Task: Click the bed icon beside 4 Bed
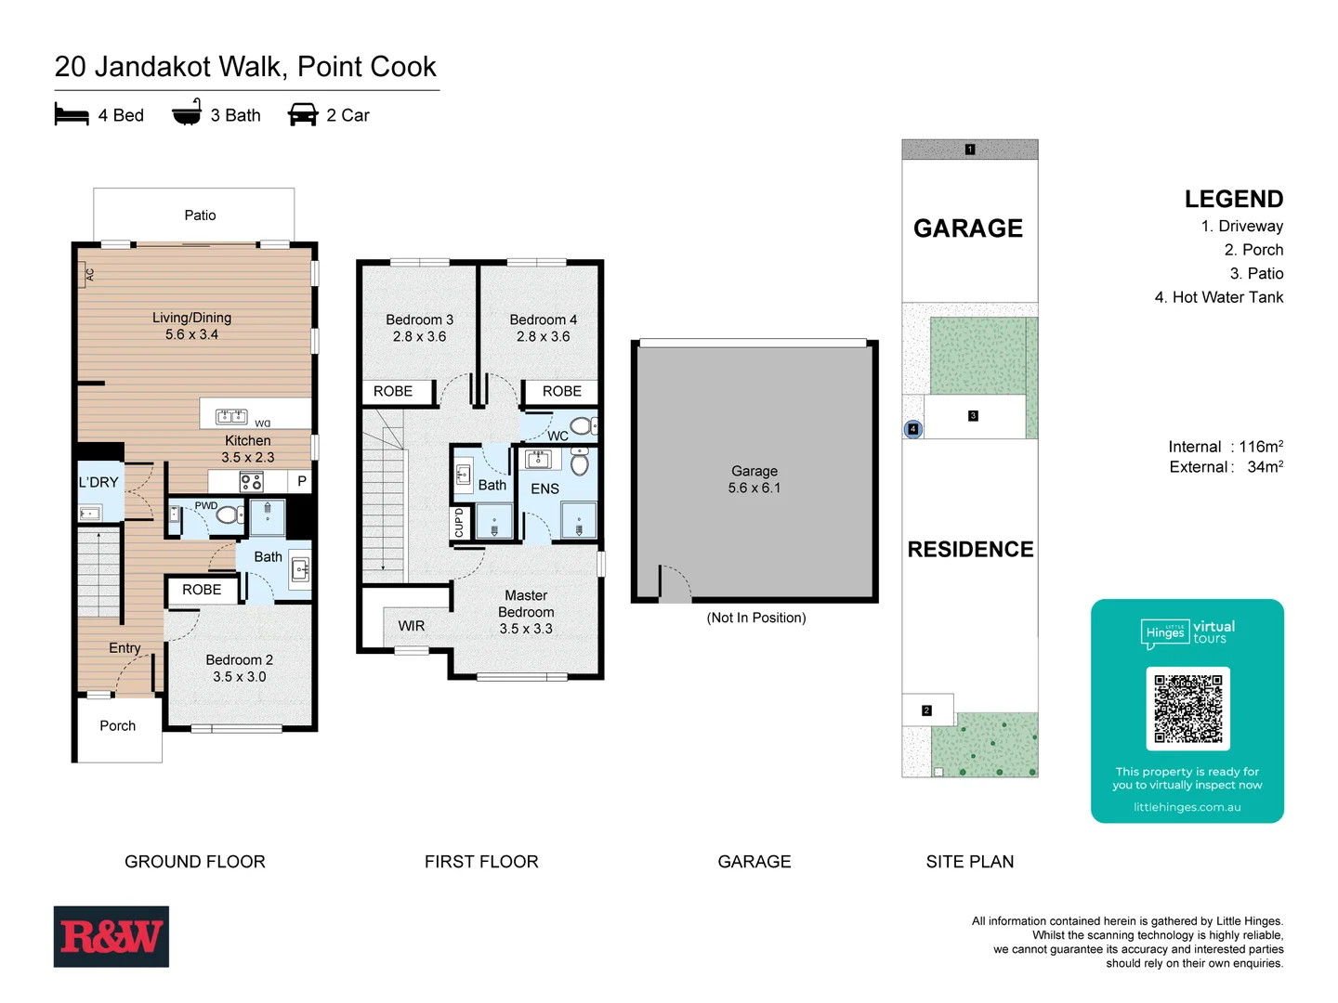point(72,115)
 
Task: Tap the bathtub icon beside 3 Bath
point(187,113)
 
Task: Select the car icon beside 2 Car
point(303,115)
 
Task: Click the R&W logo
point(111,936)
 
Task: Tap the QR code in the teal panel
point(1187,709)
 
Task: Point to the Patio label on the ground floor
point(200,215)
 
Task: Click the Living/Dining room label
point(191,318)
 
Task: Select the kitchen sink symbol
point(231,416)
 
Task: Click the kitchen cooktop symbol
point(251,481)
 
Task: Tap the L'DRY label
point(98,482)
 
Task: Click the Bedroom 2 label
point(239,659)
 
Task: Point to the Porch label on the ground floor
point(118,725)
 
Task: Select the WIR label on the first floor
point(412,626)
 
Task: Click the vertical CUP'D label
point(459,523)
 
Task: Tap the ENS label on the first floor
point(544,488)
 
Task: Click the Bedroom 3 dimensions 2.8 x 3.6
point(419,336)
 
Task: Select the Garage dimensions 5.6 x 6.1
point(754,488)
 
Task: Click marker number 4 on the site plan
point(913,429)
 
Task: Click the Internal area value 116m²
point(1260,447)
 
